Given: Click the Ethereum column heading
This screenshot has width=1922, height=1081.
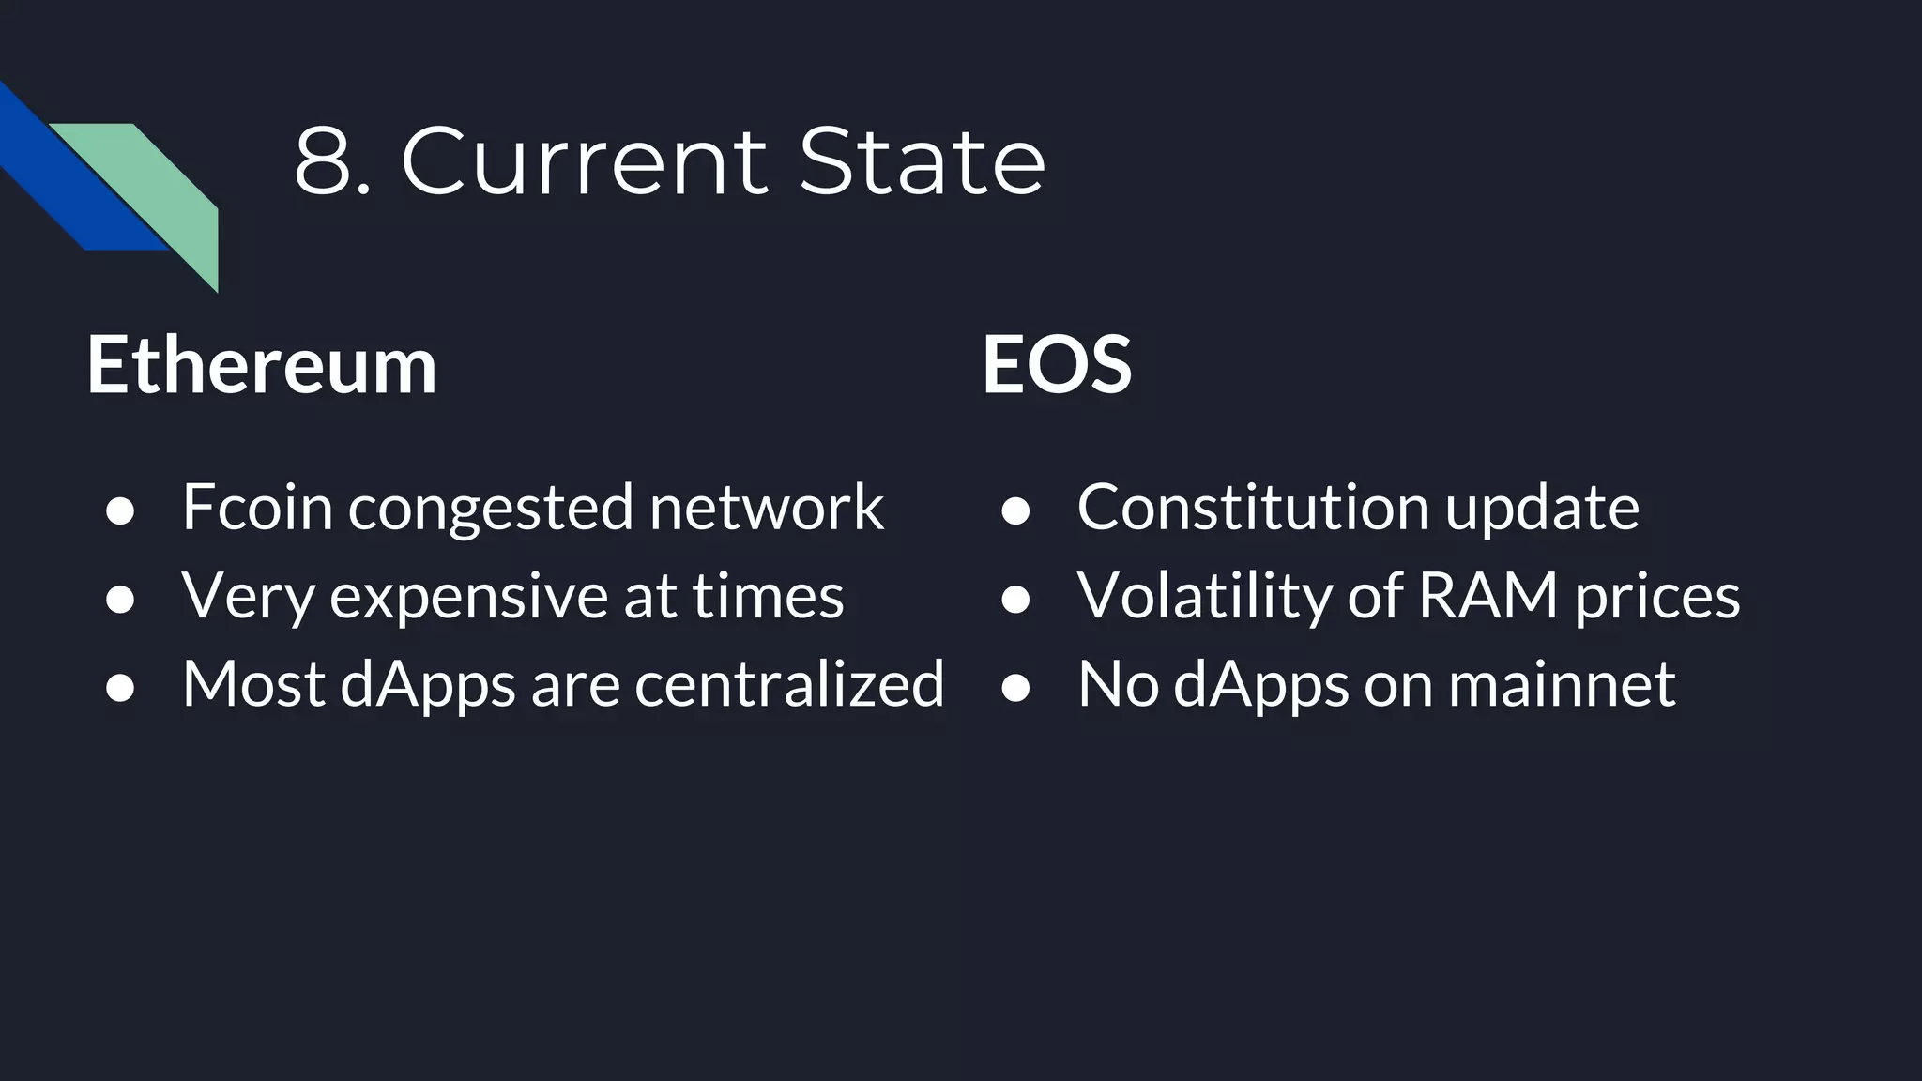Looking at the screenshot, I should coord(262,364).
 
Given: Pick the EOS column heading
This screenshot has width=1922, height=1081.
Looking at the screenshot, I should coord(1057,364).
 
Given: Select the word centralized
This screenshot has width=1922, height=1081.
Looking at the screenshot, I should coord(789,683).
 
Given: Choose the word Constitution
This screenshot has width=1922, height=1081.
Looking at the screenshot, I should coord(1254,507).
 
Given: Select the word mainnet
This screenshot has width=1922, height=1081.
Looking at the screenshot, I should coord(1562,684).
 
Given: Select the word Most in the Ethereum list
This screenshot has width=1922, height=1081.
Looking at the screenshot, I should coord(253,683).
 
